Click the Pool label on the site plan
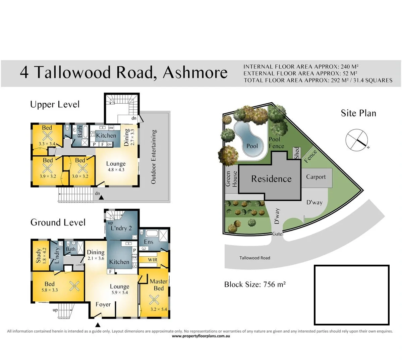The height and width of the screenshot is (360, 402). [252, 146]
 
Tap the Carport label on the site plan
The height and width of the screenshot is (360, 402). [316, 177]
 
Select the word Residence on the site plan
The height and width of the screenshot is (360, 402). [271, 179]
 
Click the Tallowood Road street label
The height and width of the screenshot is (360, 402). [254, 258]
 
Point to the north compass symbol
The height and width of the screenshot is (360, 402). [357, 139]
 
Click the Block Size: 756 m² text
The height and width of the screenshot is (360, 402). [255, 285]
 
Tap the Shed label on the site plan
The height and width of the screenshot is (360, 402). [297, 153]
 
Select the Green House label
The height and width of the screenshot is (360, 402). [231, 178]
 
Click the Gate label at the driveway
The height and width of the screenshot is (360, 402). [277, 234]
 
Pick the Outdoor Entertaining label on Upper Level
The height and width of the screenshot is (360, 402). [154, 157]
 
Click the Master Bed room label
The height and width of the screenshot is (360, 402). [159, 285]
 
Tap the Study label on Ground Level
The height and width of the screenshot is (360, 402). [38, 256]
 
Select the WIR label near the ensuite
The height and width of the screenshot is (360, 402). [153, 260]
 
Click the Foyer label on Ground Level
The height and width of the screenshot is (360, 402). [103, 304]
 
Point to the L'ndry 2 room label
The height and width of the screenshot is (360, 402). [121, 228]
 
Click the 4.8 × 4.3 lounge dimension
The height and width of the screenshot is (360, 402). [116, 170]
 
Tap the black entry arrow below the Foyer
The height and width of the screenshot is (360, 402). [98, 325]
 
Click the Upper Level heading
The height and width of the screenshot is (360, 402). [55, 104]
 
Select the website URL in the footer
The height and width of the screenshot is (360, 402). [201, 336]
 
